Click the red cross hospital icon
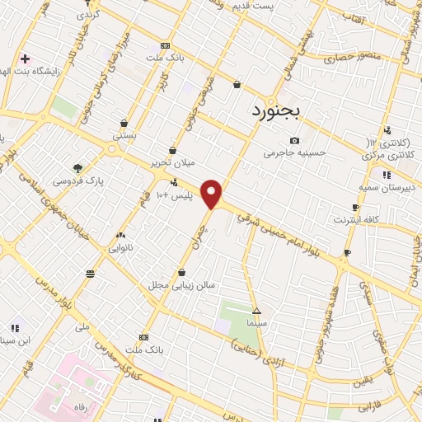click(25, 59)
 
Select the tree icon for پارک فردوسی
click(77, 168)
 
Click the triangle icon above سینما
click(257, 312)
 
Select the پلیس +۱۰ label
click(174, 195)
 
